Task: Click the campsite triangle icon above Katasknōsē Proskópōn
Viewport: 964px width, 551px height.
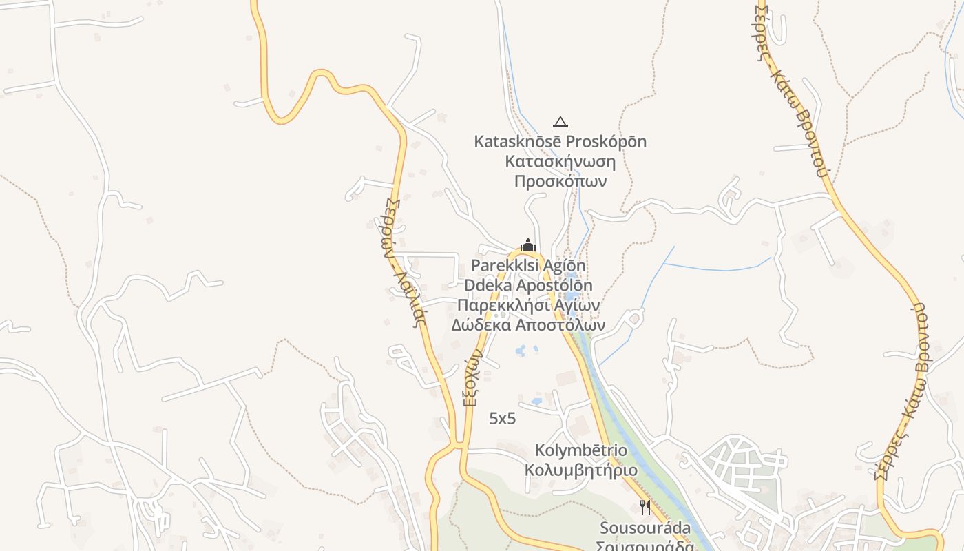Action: point(560,123)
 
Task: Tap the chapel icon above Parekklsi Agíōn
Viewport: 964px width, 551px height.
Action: point(528,245)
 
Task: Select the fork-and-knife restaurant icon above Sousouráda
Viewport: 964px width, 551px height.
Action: point(645,508)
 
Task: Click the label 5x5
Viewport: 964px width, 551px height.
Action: point(503,418)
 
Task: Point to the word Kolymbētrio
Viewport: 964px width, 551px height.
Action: point(581,451)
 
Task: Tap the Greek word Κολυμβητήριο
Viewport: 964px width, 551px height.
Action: point(581,470)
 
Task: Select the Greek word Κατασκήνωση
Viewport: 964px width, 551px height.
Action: point(560,161)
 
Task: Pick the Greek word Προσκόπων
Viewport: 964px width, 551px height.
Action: point(560,181)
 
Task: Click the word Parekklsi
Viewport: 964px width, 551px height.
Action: point(502,266)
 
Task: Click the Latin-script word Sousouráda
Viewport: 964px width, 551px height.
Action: point(645,528)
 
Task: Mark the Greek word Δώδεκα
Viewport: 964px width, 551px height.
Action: point(481,324)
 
